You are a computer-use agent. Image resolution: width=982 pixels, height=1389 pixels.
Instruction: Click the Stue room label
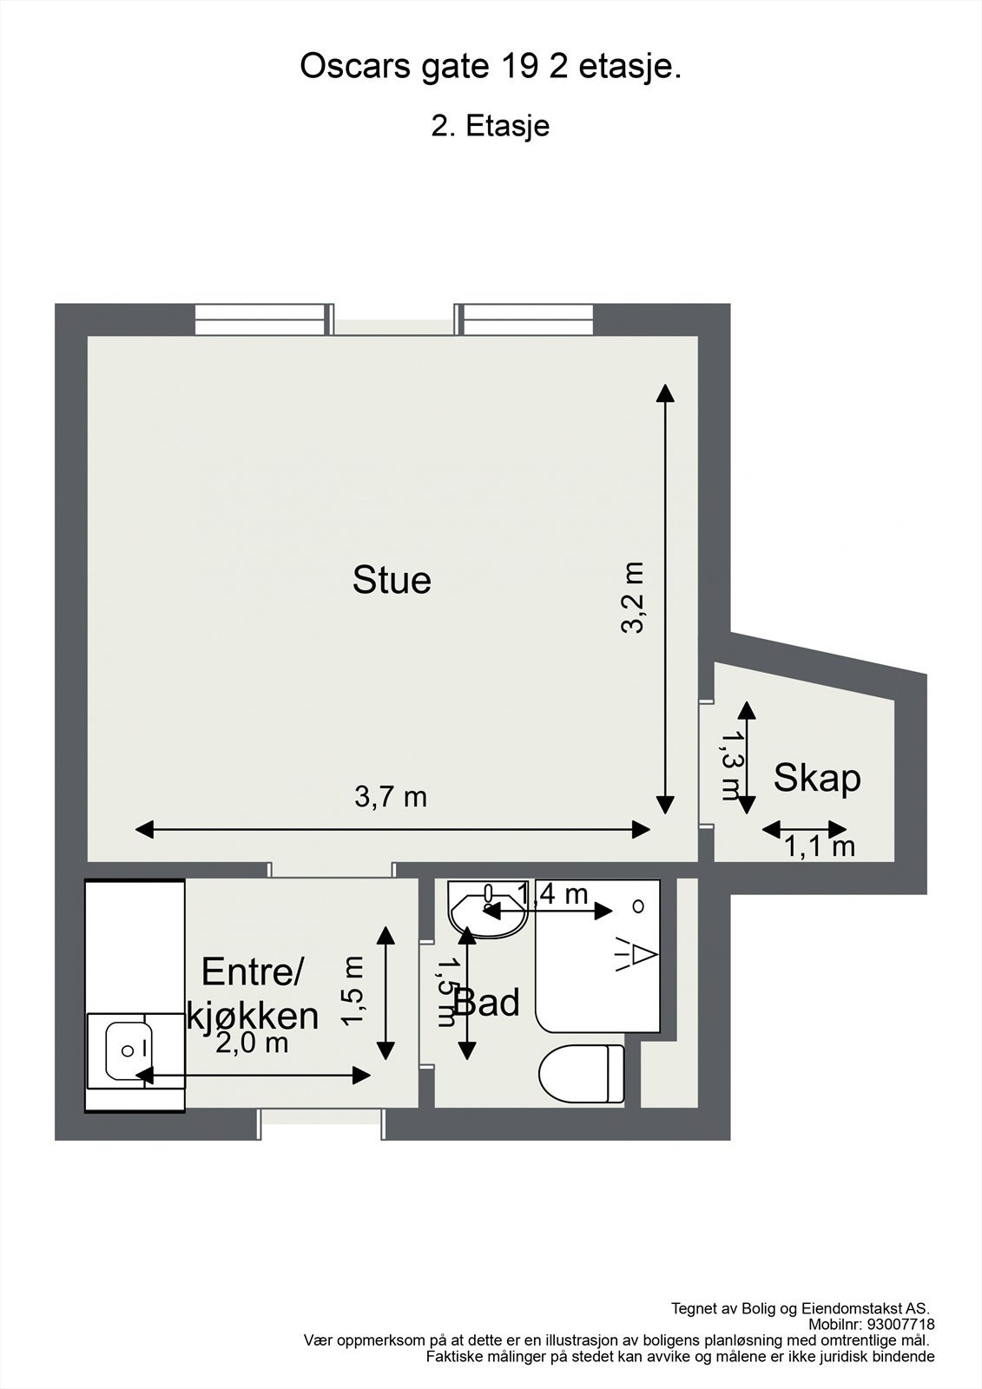pos(392,580)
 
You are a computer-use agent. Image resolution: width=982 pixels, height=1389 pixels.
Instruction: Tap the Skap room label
pos(817,778)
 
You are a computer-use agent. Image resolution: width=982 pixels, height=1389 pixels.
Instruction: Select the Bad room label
pos(488,1003)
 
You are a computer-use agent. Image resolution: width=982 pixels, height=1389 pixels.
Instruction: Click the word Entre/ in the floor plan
pos(252,971)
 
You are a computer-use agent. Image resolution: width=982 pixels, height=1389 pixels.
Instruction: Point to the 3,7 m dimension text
pos(391,796)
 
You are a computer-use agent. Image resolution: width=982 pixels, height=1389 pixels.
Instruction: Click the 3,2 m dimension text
pos(633,597)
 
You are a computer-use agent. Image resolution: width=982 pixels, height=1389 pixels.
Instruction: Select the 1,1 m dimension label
pos(820,846)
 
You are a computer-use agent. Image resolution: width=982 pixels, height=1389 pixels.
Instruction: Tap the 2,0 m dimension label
pos(252,1043)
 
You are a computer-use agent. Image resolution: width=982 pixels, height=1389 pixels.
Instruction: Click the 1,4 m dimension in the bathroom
pos(553,893)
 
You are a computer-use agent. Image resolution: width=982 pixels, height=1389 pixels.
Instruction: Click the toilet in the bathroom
pos(581,1074)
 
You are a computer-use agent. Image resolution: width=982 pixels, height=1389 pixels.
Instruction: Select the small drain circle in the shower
pos(639,906)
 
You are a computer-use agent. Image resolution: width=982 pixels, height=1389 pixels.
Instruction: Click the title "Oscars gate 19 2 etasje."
pos(491,67)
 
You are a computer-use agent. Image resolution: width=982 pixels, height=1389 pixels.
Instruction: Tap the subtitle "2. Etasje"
pos(491,126)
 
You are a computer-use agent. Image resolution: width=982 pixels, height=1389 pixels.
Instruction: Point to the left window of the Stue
pos(263,319)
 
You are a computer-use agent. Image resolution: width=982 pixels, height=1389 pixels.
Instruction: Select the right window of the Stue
pos(525,319)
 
